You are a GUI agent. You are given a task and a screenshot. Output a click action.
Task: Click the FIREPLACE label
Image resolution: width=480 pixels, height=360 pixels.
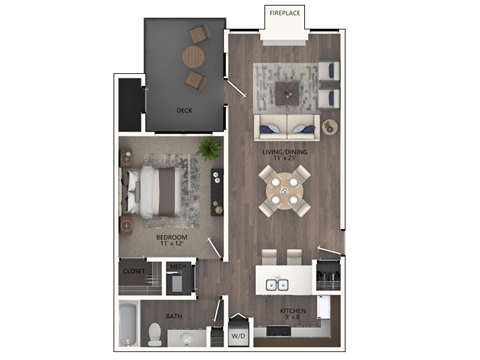click(x=285, y=13)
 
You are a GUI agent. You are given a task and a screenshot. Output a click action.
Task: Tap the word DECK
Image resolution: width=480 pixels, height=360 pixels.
click(x=184, y=110)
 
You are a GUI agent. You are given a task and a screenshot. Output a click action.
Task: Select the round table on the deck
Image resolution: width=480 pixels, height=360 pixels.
click(x=192, y=58)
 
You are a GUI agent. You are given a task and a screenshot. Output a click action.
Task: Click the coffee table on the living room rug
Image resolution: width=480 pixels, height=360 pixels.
click(x=287, y=94)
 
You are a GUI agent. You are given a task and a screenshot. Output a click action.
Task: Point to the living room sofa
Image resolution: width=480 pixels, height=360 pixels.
click(x=286, y=127)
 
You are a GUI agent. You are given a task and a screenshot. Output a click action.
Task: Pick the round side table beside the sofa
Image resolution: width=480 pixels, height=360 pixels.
click(x=329, y=127)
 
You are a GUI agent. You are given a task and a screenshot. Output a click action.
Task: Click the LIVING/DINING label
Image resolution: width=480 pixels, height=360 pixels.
click(x=279, y=154)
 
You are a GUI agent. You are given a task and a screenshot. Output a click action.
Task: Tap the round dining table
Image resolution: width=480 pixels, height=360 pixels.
click(x=285, y=189)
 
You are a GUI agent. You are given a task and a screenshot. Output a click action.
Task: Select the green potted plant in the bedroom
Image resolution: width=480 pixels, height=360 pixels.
click(x=209, y=149)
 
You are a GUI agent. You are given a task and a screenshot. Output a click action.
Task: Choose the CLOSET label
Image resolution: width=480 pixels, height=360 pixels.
click(x=133, y=271)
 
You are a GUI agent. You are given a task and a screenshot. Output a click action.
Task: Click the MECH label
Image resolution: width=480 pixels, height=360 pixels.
click(x=179, y=266)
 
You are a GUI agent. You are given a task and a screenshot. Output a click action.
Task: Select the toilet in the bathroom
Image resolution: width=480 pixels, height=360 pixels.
click(x=156, y=333)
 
